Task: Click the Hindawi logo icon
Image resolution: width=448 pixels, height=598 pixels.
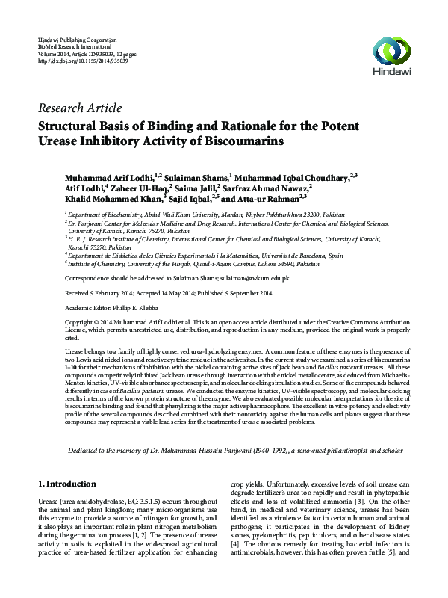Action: (x=394, y=51)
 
